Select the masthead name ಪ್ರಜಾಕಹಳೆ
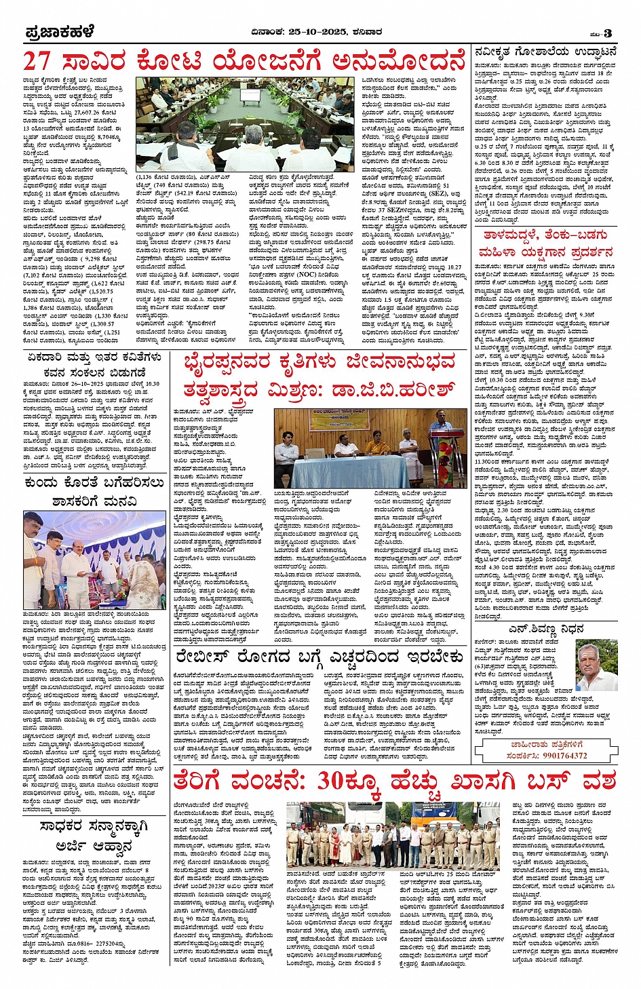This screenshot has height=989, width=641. coord(60,32)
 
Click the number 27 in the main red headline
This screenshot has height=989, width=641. coord(38,61)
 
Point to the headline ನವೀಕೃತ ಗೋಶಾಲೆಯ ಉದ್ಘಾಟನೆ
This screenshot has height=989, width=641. coord(545,52)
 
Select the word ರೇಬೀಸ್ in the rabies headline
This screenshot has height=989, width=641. coord(206,657)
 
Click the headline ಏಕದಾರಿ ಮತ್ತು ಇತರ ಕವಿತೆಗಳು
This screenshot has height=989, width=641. coord(94,357)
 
